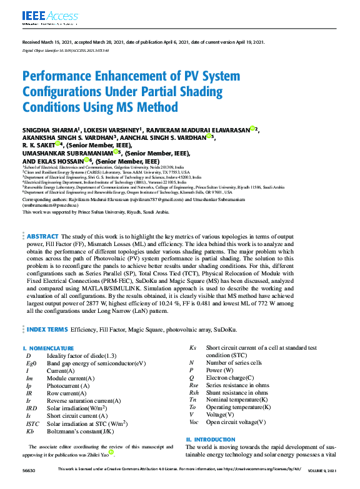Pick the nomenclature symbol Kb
point(29,431)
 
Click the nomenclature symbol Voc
point(194,422)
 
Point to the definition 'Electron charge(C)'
point(230,378)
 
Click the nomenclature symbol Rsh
point(194,393)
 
